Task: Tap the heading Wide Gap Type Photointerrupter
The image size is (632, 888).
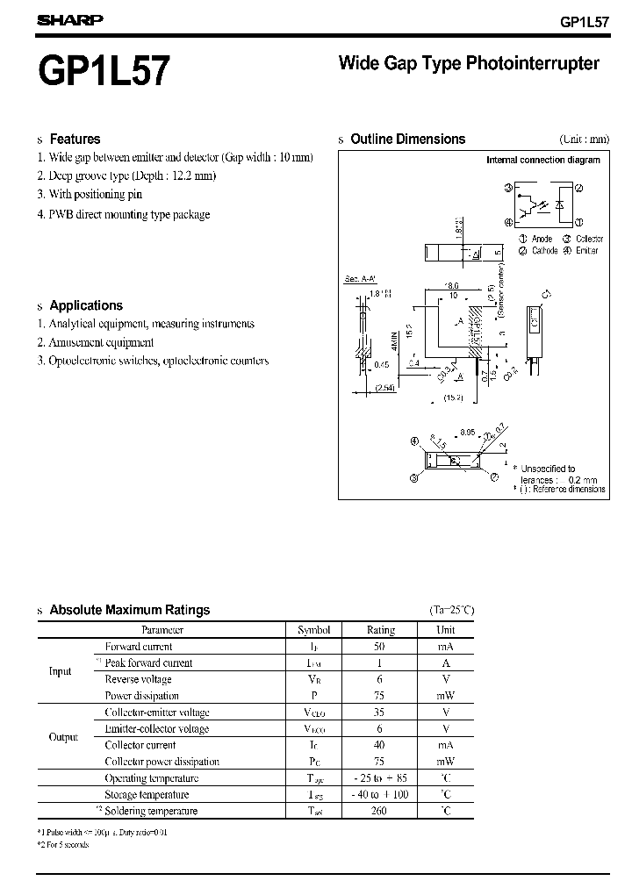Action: (469, 63)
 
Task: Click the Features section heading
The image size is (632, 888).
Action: (75, 139)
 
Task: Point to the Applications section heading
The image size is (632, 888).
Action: (86, 305)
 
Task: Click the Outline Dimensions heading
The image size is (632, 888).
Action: (407, 139)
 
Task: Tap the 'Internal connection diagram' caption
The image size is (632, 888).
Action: (543, 161)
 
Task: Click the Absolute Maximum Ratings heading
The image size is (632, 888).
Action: (129, 610)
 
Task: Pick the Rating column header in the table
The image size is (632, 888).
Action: (380, 629)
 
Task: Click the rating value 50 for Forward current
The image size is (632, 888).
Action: (380, 647)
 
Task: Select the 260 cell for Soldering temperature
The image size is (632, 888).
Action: (380, 811)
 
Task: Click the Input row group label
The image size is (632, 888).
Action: (60, 671)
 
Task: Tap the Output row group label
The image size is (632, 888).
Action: (63, 737)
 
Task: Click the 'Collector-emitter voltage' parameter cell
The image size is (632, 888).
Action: (156, 713)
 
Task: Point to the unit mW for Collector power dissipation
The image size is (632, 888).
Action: (446, 762)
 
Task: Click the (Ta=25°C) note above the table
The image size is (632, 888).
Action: (451, 610)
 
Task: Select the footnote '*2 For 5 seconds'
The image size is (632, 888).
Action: (63, 844)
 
